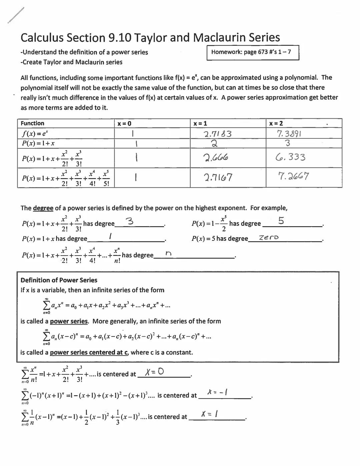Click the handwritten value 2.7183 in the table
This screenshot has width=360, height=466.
pos(217,134)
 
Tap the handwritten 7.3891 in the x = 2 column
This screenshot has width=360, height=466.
pos(289,134)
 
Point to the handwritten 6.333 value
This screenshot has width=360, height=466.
pos(290,157)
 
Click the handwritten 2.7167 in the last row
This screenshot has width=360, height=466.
pos(218,177)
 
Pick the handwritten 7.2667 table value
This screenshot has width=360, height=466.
pos(293,176)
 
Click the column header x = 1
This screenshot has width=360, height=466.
pos(200,123)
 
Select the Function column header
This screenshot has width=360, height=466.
pos(32,123)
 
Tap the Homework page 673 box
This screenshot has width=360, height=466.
pos(253,52)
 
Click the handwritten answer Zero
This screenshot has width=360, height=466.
pos(269,238)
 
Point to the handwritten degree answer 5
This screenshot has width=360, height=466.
pos(281,221)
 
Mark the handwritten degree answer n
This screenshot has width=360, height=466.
pos(168,254)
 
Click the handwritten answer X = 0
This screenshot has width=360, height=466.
pos(155,372)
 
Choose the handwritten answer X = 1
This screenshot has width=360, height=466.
pos(210,414)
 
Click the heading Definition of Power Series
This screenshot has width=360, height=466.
pos(59,280)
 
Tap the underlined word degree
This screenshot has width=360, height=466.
pos(43,208)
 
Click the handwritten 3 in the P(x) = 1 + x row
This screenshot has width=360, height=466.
pos(287,143)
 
